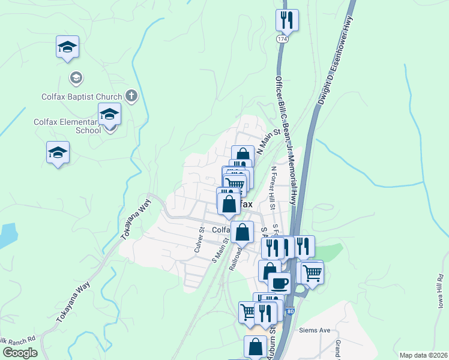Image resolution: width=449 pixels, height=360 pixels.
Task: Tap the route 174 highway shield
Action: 282,38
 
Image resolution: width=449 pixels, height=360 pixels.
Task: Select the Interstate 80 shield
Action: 291,311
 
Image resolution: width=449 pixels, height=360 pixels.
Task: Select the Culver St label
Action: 200,242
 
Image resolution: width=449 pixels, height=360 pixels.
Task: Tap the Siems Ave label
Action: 315,330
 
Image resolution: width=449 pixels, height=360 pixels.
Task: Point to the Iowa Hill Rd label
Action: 440,292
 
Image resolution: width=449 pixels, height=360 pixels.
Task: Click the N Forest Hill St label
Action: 274,187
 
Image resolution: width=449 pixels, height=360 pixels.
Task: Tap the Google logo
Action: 20,353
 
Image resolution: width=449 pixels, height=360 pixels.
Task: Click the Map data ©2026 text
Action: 423,355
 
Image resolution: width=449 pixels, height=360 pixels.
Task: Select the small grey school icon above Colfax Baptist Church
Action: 76,77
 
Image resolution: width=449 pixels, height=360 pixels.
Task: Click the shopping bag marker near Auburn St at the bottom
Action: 256,347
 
